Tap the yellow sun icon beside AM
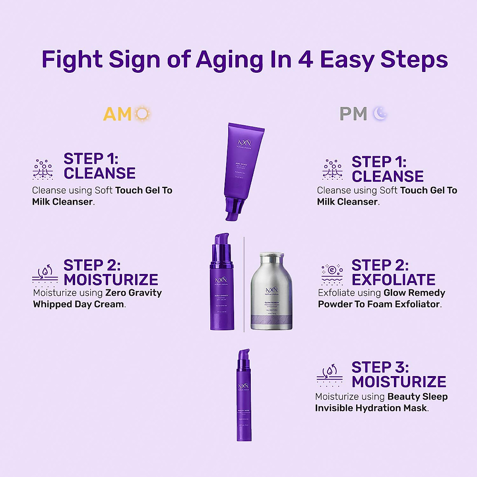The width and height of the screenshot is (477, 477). point(142,114)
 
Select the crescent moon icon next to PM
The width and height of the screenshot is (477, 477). point(380,114)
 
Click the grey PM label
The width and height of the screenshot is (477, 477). point(353,114)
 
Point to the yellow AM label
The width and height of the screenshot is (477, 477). point(117,114)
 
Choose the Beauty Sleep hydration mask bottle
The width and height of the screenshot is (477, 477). point(243,401)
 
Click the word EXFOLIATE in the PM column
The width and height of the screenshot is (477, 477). point(394,280)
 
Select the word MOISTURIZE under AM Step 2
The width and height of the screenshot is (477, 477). point(111,280)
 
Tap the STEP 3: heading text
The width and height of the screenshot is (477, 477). point(380,367)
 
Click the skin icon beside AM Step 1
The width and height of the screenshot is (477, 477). point(43,169)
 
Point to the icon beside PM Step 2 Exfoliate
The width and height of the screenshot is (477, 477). point(332,274)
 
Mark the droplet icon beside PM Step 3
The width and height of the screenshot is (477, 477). point(330,376)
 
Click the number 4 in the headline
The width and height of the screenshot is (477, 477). point(305,60)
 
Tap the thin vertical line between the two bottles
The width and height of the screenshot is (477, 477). point(244,284)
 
